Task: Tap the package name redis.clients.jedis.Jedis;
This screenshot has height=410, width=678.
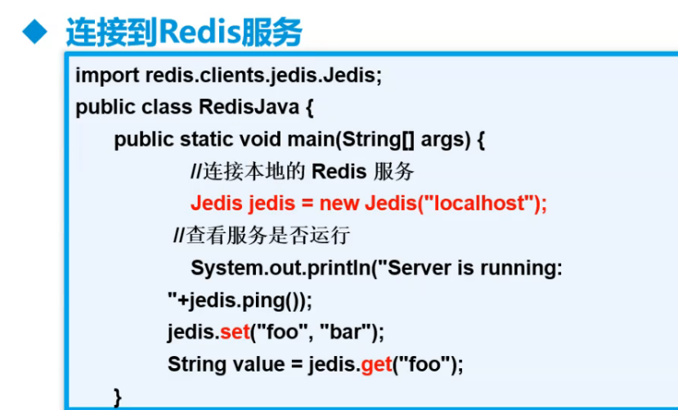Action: (263, 76)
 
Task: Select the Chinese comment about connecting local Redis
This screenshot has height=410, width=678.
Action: (246, 172)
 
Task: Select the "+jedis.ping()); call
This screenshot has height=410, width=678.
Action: (240, 300)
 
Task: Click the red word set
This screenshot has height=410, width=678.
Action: (234, 332)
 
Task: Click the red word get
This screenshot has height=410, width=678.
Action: (376, 364)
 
